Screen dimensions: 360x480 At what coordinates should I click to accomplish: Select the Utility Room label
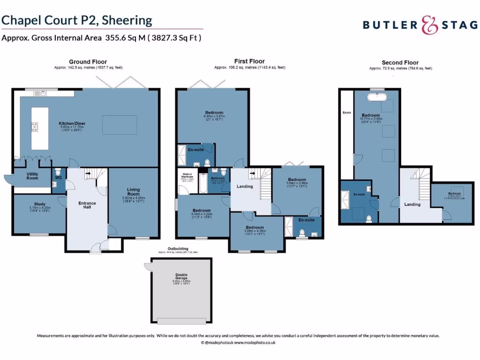point(32,175)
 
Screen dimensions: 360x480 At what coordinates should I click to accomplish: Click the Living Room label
point(134,191)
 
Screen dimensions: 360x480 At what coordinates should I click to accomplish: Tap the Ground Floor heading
point(88,62)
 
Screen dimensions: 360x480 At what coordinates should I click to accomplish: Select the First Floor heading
point(249,61)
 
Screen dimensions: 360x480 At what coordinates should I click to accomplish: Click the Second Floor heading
point(400,62)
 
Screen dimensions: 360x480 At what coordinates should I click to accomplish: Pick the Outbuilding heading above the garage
point(178,248)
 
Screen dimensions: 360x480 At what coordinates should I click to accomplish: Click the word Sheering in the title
point(127,20)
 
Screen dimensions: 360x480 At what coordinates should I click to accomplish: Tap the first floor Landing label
point(245,187)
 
